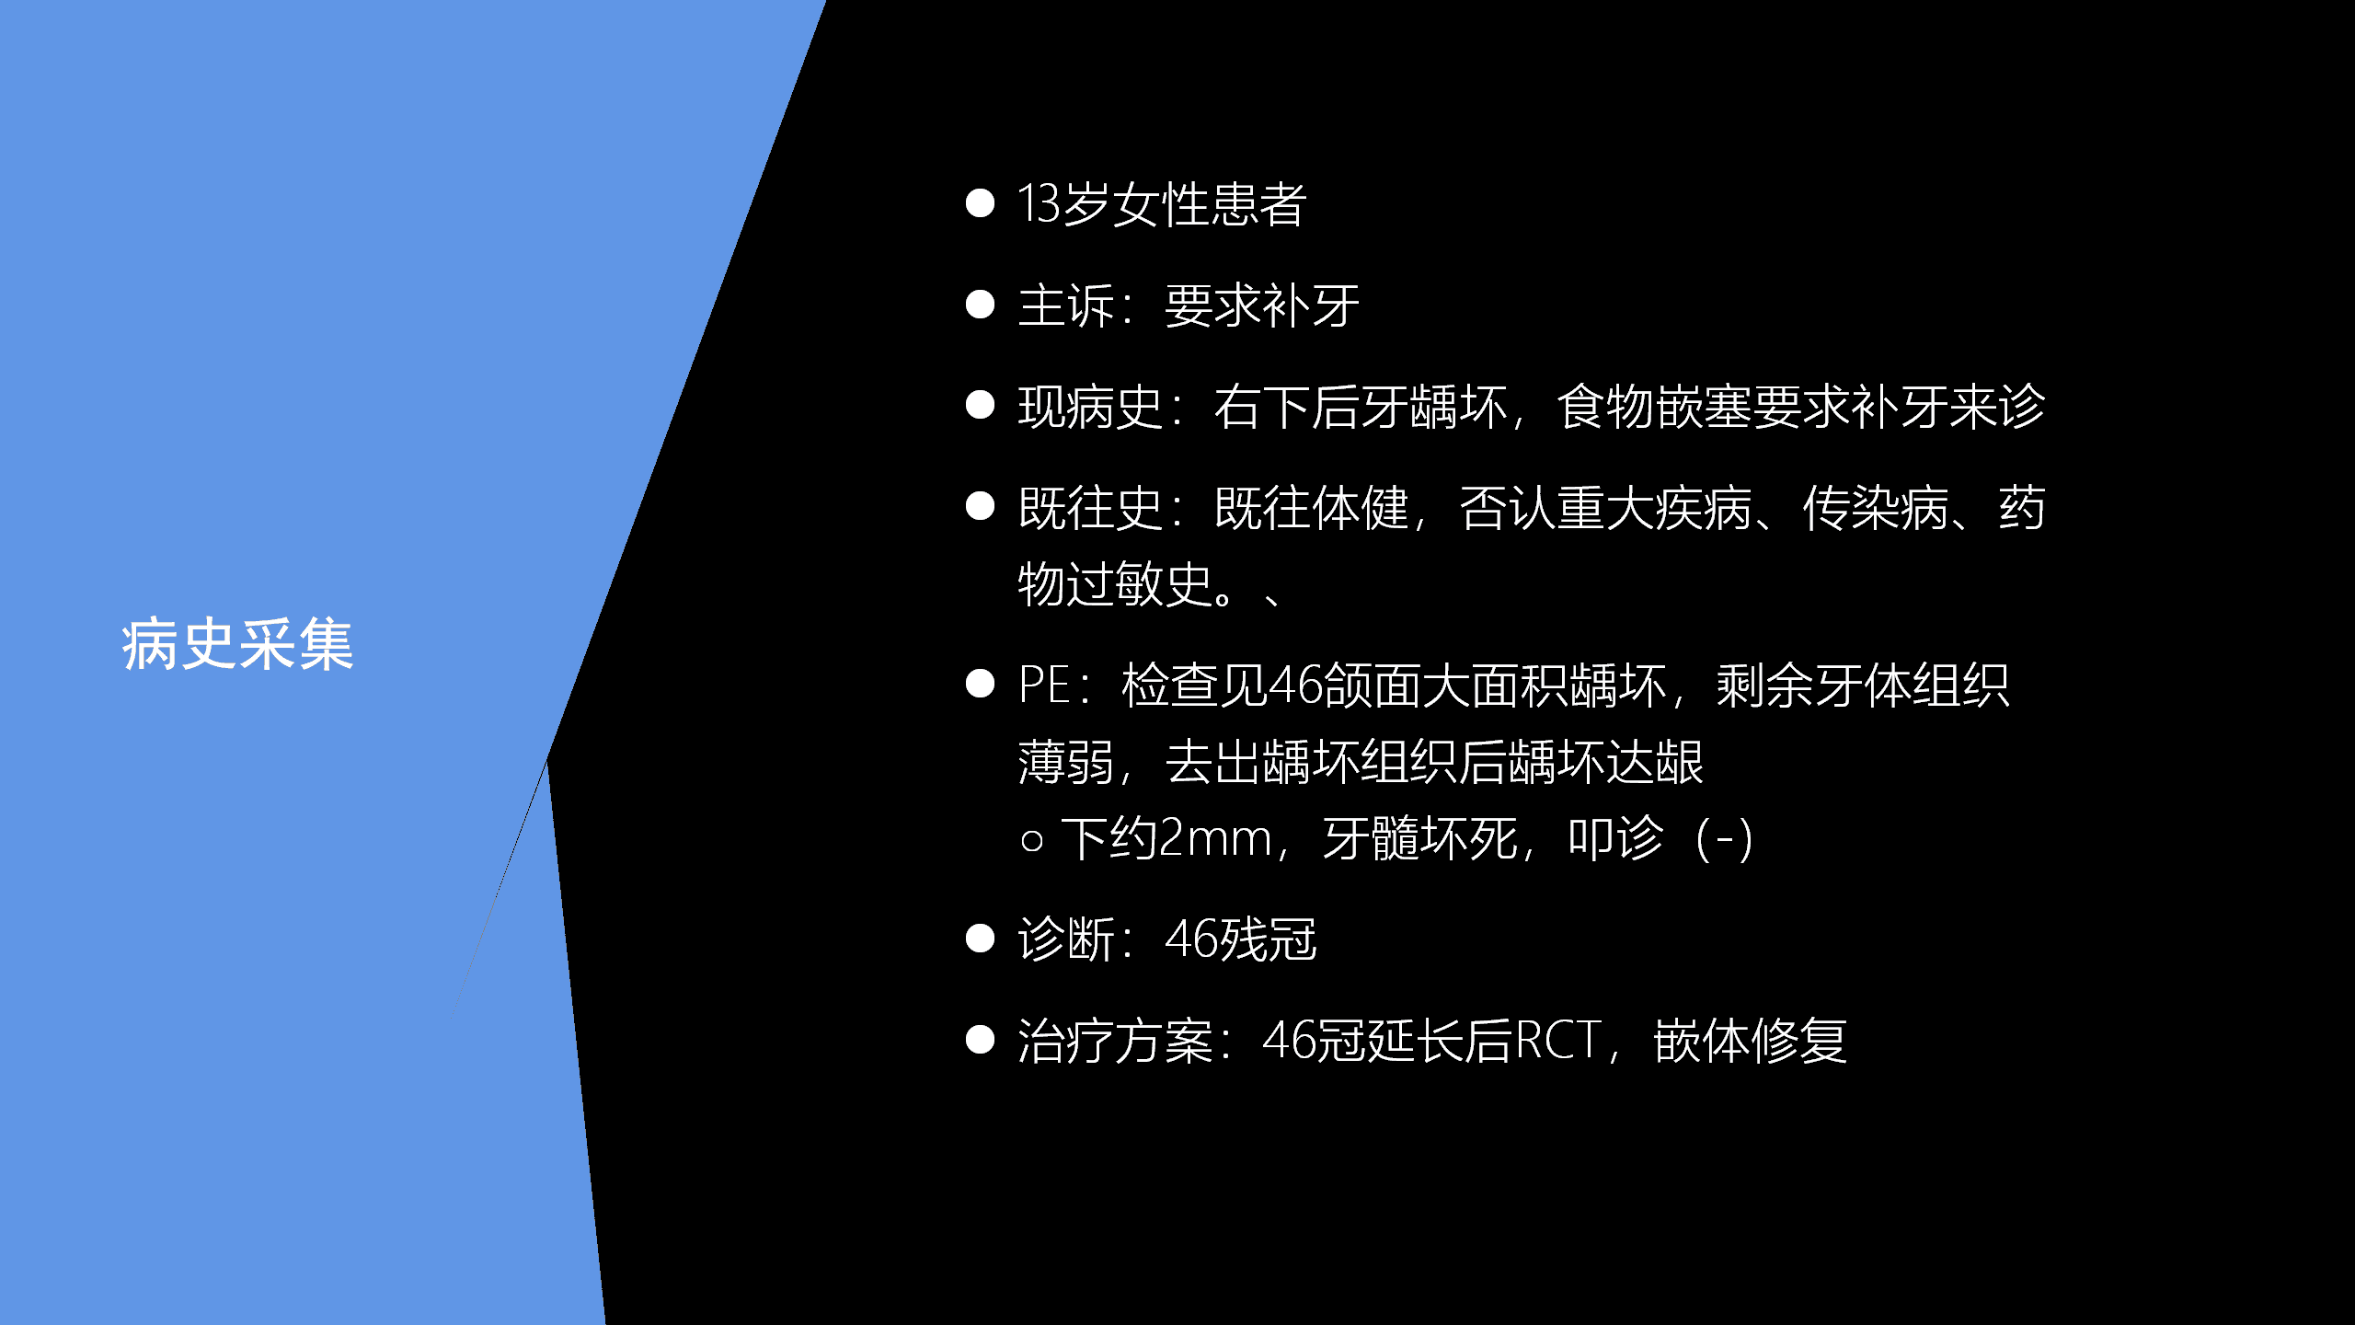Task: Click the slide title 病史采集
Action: pyautogui.click(x=237, y=644)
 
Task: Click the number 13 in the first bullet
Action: pyautogui.click(x=1040, y=203)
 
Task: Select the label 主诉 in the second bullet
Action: pyautogui.click(x=1066, y=305)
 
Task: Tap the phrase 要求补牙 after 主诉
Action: pyautogui.click(x=1262, y=305)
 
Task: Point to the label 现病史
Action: pyautogui.click(x=1091, y=407)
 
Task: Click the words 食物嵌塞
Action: pyautogui.click(x=1653, y=407)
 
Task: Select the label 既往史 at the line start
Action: pyautogui.click(x=1091, y=508)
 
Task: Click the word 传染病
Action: pyautogui.click(x=1875, y=508)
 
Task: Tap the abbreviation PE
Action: pyautogui.click(x=1044, y=686)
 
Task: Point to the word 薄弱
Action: pyautogui.click(x=1066, y=763)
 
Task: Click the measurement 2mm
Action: pyautogui.click(x=1215, y=839)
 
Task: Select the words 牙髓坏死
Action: pyautogui.click(x=1419, y=839)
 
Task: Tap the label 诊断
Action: pyautogui.click(x=1066, y=939)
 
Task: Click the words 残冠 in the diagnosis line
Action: pyautogui.click(x=1269, y=939)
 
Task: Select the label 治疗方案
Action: pyautogui.click(x=1115, y=1042)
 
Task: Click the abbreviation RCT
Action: pyautogui.click(x=1557, y=1042)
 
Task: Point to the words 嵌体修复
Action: pyautogui.click(x=1751, y=1042)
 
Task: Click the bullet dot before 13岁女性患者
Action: pyautogui.click(x=981, y=203)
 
